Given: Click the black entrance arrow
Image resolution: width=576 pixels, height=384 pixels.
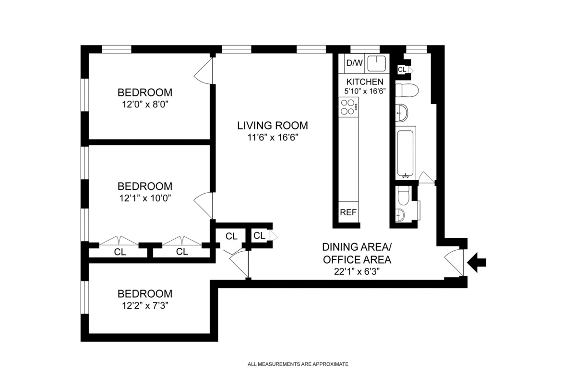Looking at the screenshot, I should coord(477,262).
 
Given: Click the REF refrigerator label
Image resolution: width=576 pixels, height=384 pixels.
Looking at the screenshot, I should coord(348,212).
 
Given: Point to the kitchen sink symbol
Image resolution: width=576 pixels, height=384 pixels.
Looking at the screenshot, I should coord(377,63).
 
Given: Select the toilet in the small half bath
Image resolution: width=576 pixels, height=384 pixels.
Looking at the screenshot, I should coord(403,195).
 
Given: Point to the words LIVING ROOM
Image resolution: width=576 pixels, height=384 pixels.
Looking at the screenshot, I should coord(272,126).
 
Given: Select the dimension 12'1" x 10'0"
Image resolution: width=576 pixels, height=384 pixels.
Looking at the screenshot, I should coord(145,198).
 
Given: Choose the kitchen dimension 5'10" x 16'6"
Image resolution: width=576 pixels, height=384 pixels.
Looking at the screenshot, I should coord(365,91).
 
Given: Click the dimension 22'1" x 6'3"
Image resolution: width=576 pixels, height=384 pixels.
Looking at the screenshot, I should coord(357,272).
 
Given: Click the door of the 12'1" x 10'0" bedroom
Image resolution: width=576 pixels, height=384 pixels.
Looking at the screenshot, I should coord(204,201).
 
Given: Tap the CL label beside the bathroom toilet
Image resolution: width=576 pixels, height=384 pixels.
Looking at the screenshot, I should coord(402,70).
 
